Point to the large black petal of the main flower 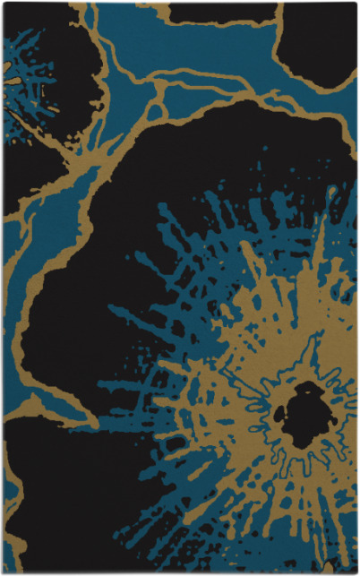[x=116, y=269]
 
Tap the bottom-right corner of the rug [x=356, y=572]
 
